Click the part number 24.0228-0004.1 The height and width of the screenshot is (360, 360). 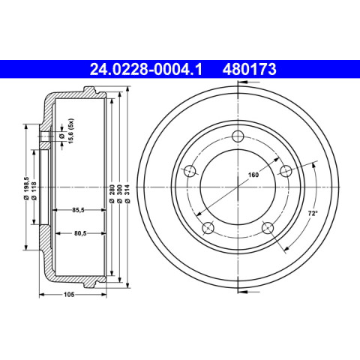145,69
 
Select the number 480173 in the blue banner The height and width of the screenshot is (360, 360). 250,69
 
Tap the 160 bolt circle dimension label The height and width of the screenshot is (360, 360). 253,175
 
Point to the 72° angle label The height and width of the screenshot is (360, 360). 313,213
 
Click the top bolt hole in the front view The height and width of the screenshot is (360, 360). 238,136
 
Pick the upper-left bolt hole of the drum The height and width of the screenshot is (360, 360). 190,171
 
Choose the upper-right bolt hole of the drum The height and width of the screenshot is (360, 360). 286,171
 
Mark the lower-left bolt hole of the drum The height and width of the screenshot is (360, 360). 208,228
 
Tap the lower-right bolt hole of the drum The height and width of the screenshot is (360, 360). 268,228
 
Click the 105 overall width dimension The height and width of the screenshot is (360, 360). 69,295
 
